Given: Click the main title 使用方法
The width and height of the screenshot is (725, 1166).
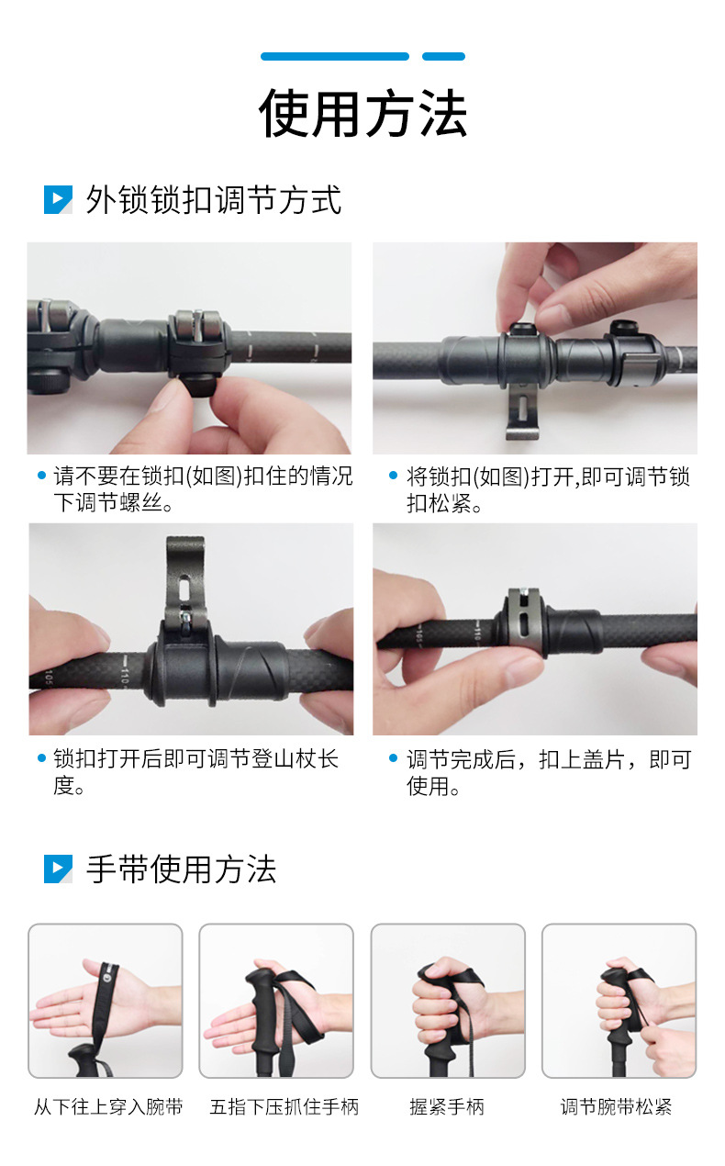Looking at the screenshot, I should (362, 114).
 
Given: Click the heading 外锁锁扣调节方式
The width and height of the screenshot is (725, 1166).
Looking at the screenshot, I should (213, 200).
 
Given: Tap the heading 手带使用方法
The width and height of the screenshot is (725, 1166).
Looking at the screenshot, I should (181, 869).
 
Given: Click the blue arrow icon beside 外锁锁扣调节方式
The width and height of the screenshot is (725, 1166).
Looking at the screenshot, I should (58, 200).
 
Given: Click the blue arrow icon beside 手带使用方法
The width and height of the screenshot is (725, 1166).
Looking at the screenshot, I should (58, 869).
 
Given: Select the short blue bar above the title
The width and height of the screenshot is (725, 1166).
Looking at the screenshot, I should (443, 57).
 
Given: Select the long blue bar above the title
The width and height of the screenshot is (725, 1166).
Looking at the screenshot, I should (334, 57).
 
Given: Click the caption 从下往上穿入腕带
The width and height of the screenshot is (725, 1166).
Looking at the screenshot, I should (108, 1107).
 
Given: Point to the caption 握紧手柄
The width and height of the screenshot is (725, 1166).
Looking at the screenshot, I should (447, 1107).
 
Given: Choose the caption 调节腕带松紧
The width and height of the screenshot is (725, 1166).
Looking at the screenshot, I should (616, 1107).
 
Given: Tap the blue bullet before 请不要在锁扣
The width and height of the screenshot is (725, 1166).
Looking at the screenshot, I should (41, 476).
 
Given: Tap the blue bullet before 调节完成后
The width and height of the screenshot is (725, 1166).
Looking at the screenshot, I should (396, 759).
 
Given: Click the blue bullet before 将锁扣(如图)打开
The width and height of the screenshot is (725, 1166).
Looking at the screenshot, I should (396, 476).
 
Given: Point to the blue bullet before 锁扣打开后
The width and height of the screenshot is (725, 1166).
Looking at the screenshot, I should (41, 759).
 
